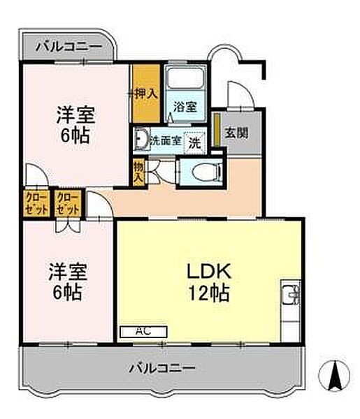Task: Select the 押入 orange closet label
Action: point(146,92)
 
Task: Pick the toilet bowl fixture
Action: point(203,170)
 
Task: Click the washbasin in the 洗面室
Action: point(141,139)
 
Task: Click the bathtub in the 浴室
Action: point(184,79)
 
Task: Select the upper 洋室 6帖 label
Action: point(75,124)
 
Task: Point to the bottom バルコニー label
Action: point(162,367)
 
